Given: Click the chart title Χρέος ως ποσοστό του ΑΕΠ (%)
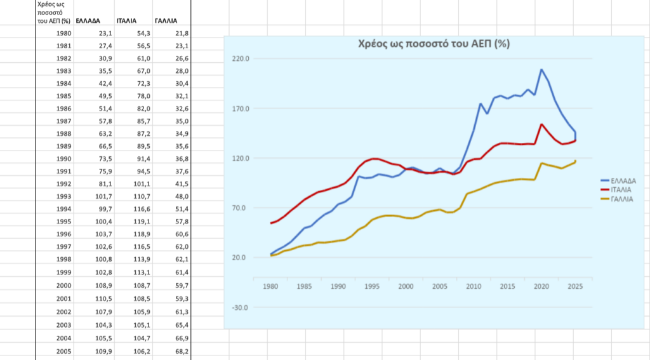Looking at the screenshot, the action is (x=434, y=44).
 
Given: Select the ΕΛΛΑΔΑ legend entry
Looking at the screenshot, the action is (x=618, y=181).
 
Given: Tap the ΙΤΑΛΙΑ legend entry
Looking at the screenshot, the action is (x=616, y=190).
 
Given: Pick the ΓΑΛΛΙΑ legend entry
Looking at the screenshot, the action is (x=617, y=199).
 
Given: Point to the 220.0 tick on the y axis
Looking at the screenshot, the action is (x=241, y=59).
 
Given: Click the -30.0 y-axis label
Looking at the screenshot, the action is (x=241, y=308).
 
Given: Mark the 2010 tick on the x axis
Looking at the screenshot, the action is (x=474, y=286).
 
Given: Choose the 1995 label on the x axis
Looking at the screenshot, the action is (x=372, y=286).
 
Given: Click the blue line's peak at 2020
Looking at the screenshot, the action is (x=541, y=69).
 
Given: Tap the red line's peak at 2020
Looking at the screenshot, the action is (x=541, y=124).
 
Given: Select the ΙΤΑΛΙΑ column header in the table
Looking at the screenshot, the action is (x=126, y=21).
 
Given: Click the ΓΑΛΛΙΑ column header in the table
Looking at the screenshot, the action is (x=166, y=21).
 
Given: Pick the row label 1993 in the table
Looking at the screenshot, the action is (x=64, y=197).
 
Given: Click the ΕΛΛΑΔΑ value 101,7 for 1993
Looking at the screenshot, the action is (x=103, y=197).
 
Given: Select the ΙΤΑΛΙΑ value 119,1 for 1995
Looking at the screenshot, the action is (x=142, y=222).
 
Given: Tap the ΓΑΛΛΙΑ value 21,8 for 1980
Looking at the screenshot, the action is (x=182, y=33).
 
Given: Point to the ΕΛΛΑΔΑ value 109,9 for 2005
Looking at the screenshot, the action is (x=103, y=351).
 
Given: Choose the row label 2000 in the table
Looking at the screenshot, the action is (x=64, y=285).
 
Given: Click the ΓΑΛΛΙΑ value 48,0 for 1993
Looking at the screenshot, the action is (x=182, y=197).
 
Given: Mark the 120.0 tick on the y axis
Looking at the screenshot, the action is (x=241, y=159).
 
